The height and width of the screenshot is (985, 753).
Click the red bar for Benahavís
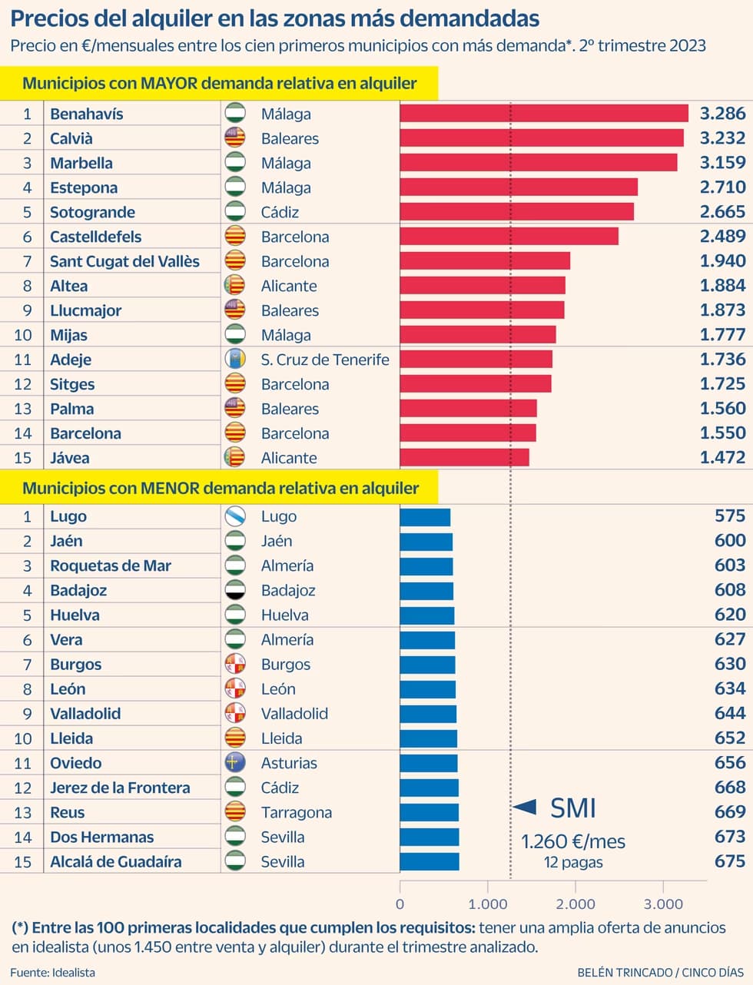coord(544,113)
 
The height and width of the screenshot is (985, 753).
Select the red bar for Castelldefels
coord(509,236)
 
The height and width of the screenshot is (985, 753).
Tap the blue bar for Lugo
coord(425,517)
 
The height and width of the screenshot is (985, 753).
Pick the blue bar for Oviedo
coord(429,763)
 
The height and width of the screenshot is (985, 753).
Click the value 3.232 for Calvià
coord(722,138)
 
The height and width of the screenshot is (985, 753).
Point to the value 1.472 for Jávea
coord(722,457)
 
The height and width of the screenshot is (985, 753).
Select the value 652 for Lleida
coord(730,738)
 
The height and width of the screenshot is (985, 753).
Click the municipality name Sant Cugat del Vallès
coord(124,261)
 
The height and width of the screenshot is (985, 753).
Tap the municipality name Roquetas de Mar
coord(111,565)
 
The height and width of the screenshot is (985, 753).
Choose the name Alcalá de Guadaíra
coord(116,861)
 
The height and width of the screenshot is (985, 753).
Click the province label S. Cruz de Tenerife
coord(325,360)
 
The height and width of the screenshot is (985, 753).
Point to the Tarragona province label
coord(296,812)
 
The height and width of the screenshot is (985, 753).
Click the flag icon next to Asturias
coord(234,762)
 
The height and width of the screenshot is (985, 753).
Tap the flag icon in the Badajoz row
coord(234,589)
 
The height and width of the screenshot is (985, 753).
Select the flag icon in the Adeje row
coord(234,359)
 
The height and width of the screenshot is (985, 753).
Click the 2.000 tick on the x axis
coord(576,904)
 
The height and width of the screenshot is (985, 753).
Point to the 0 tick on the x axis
coord(400,904)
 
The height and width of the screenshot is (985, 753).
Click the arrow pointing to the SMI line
coord(524,807)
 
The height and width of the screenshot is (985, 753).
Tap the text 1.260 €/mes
coord(573,841)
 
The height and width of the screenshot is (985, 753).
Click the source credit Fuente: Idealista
coord(52,972)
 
